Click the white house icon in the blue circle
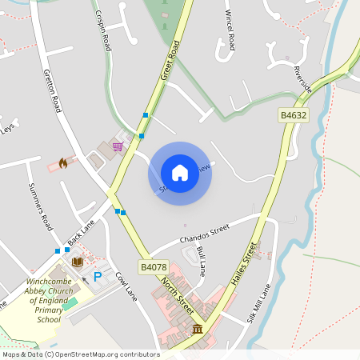pyautogui.click(x=180, y=173)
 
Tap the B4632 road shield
pyautogui.click(x=293, y=116)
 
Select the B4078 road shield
pyautogui.click(x=153, y=267)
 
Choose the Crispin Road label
pyautogui.click(x=102, y=32)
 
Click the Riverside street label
pyautogui.click(x=302, y=79)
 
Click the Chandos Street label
pyautogui.click(x=205, y=234)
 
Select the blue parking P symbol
pyautogui.click(x=98, y=277)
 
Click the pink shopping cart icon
pyautogui.click(x=118, y=146)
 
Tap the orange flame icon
pyautogui.click(x=62, y=163)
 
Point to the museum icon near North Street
pyautogui.click(x=197, y=330)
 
